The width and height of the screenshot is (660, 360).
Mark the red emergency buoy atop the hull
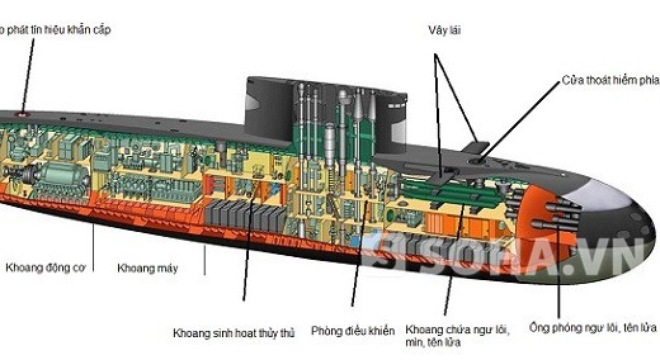tap(21, 114)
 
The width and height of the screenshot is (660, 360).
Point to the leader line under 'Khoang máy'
tap(205, 258)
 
